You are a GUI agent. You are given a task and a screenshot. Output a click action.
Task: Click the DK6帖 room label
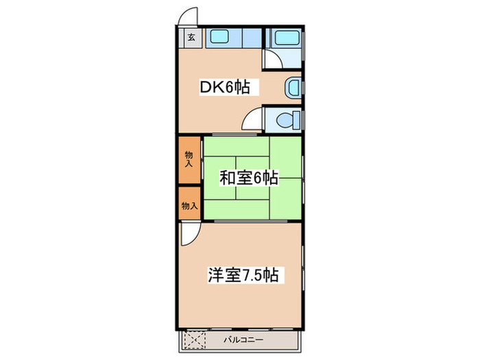pos(224,87)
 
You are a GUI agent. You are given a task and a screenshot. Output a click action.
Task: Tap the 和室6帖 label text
pos(248,178)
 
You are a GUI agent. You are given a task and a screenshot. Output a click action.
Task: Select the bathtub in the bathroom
pos(283,38)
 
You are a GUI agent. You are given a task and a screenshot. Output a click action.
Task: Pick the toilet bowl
pos(286,120)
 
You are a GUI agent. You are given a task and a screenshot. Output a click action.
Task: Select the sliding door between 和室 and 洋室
pos(250,221)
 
